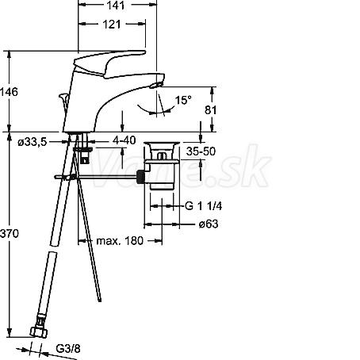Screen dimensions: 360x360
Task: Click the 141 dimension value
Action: tap(116, 6)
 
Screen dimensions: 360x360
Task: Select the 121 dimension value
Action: tap(112, 25)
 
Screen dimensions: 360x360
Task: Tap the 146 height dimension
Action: tap(9, 92)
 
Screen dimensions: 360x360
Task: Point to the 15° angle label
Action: tap(183, 100)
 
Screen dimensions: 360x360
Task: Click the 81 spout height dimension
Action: tap(211, 110)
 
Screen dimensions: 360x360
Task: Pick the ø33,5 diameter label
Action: tap(33, 142)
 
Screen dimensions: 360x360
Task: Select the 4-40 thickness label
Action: tap(124, 140)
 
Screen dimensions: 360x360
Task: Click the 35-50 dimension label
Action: tap(201, 151)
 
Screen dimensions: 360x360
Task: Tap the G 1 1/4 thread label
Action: tap(203, 206)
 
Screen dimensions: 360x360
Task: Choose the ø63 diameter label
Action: tap(209, 224)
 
